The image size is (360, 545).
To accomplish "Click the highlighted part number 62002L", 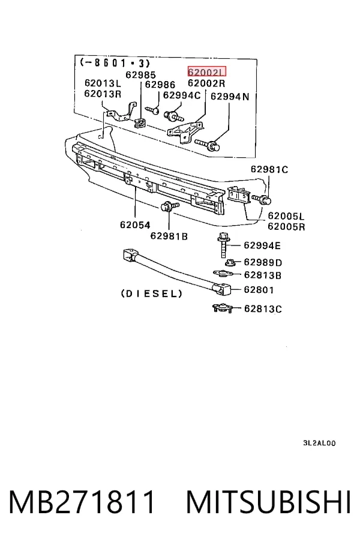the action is [x=206, y=72].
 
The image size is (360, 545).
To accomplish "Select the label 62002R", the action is [x=206, y=83].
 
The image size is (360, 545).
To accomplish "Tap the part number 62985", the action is [x=141, y=75].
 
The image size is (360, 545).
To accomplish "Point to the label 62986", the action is [x=160, y=85].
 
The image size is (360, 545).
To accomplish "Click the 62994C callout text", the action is [x=182, y=95].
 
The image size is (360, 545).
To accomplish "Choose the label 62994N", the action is [x=230, y=97].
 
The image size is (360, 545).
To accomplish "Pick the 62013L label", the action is [x=103, y=83].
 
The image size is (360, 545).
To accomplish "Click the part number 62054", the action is [x=135, y=225].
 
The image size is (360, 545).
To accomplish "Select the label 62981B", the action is [x=169, y=236].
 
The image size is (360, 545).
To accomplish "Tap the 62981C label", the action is [x=269, y=169].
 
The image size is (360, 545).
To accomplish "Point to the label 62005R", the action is [x=286, y=227].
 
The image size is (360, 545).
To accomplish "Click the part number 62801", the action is [x=259, y=290].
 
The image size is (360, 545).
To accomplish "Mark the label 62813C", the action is [x=263, y=309].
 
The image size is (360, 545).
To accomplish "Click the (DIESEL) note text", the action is [x=152, y=294].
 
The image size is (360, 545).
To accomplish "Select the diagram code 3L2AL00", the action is [x=319, y=443].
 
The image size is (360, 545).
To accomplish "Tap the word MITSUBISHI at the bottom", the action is [x=268, y=502].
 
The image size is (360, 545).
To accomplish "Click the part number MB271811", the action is [x=82, y=502].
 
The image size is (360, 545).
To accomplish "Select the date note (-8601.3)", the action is [x=115, y=63].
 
